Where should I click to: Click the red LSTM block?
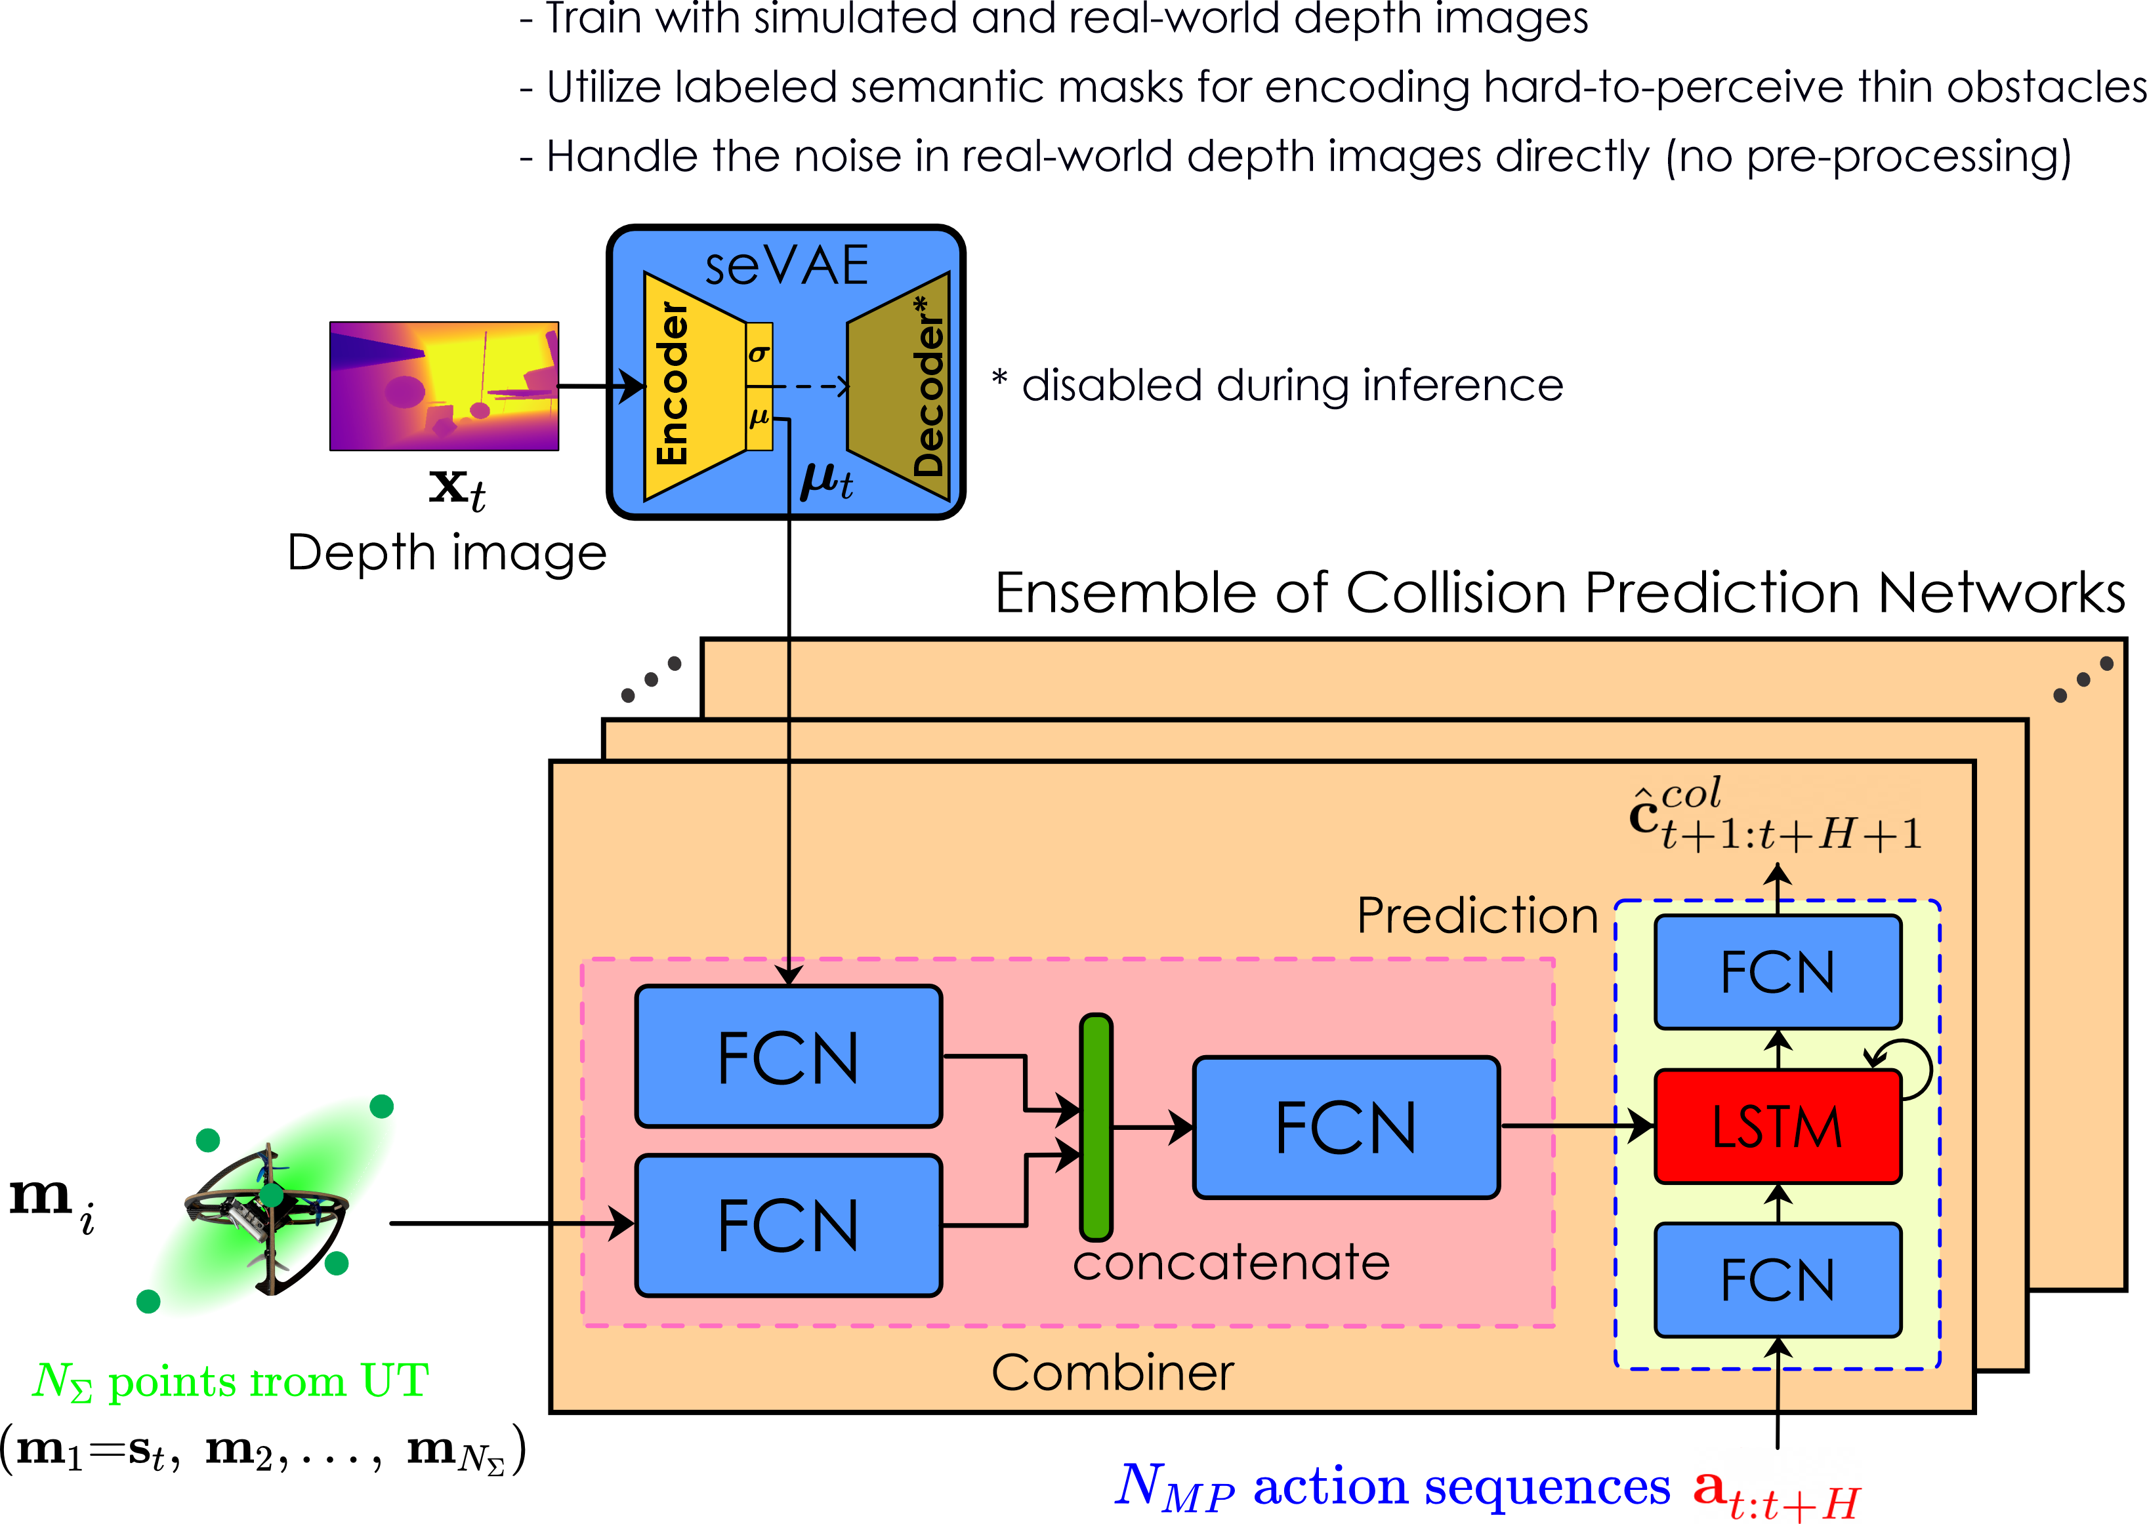point(1777,1126)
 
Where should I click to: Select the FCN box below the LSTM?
point(1777,1280)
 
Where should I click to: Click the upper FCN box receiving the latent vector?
point(787,1056)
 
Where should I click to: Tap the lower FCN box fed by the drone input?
point(787,1226)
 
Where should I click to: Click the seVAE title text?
point(787,266)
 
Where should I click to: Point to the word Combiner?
point(1112,1373)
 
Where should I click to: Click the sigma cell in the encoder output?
point(759,354)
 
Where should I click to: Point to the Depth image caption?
point(447,553)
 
